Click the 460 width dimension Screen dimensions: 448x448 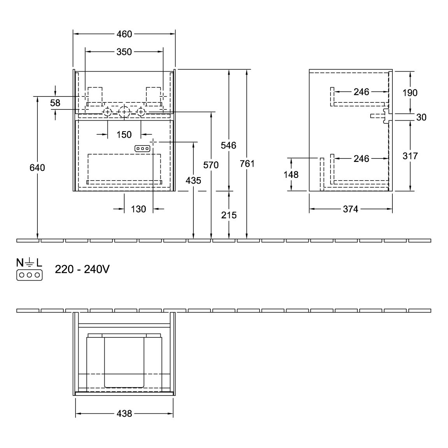point(124,34)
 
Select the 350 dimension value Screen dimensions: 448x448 point(124,52)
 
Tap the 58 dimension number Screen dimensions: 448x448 point(55,103)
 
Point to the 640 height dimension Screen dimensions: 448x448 point(37,167)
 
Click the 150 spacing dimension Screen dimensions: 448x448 point(124,134)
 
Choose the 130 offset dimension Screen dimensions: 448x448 point(138,209)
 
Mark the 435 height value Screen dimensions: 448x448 point(193,180)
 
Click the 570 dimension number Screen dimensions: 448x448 point(211,165)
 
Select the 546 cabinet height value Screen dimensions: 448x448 point(228,146)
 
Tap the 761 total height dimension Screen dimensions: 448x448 point(247,163)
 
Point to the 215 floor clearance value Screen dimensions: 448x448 point(228,215)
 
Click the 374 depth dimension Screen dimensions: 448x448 point(350,209)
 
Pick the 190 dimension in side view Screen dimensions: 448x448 point(410,93)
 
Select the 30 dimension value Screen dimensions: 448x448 point(421,117)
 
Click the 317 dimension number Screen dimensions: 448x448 point(410,156)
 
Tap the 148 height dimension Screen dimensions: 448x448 point(291,174)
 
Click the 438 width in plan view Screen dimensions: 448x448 point(124,413)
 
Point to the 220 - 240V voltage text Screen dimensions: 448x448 point(82,269)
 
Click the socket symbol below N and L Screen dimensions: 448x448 point(30,275)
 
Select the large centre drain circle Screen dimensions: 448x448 point(124,106)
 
